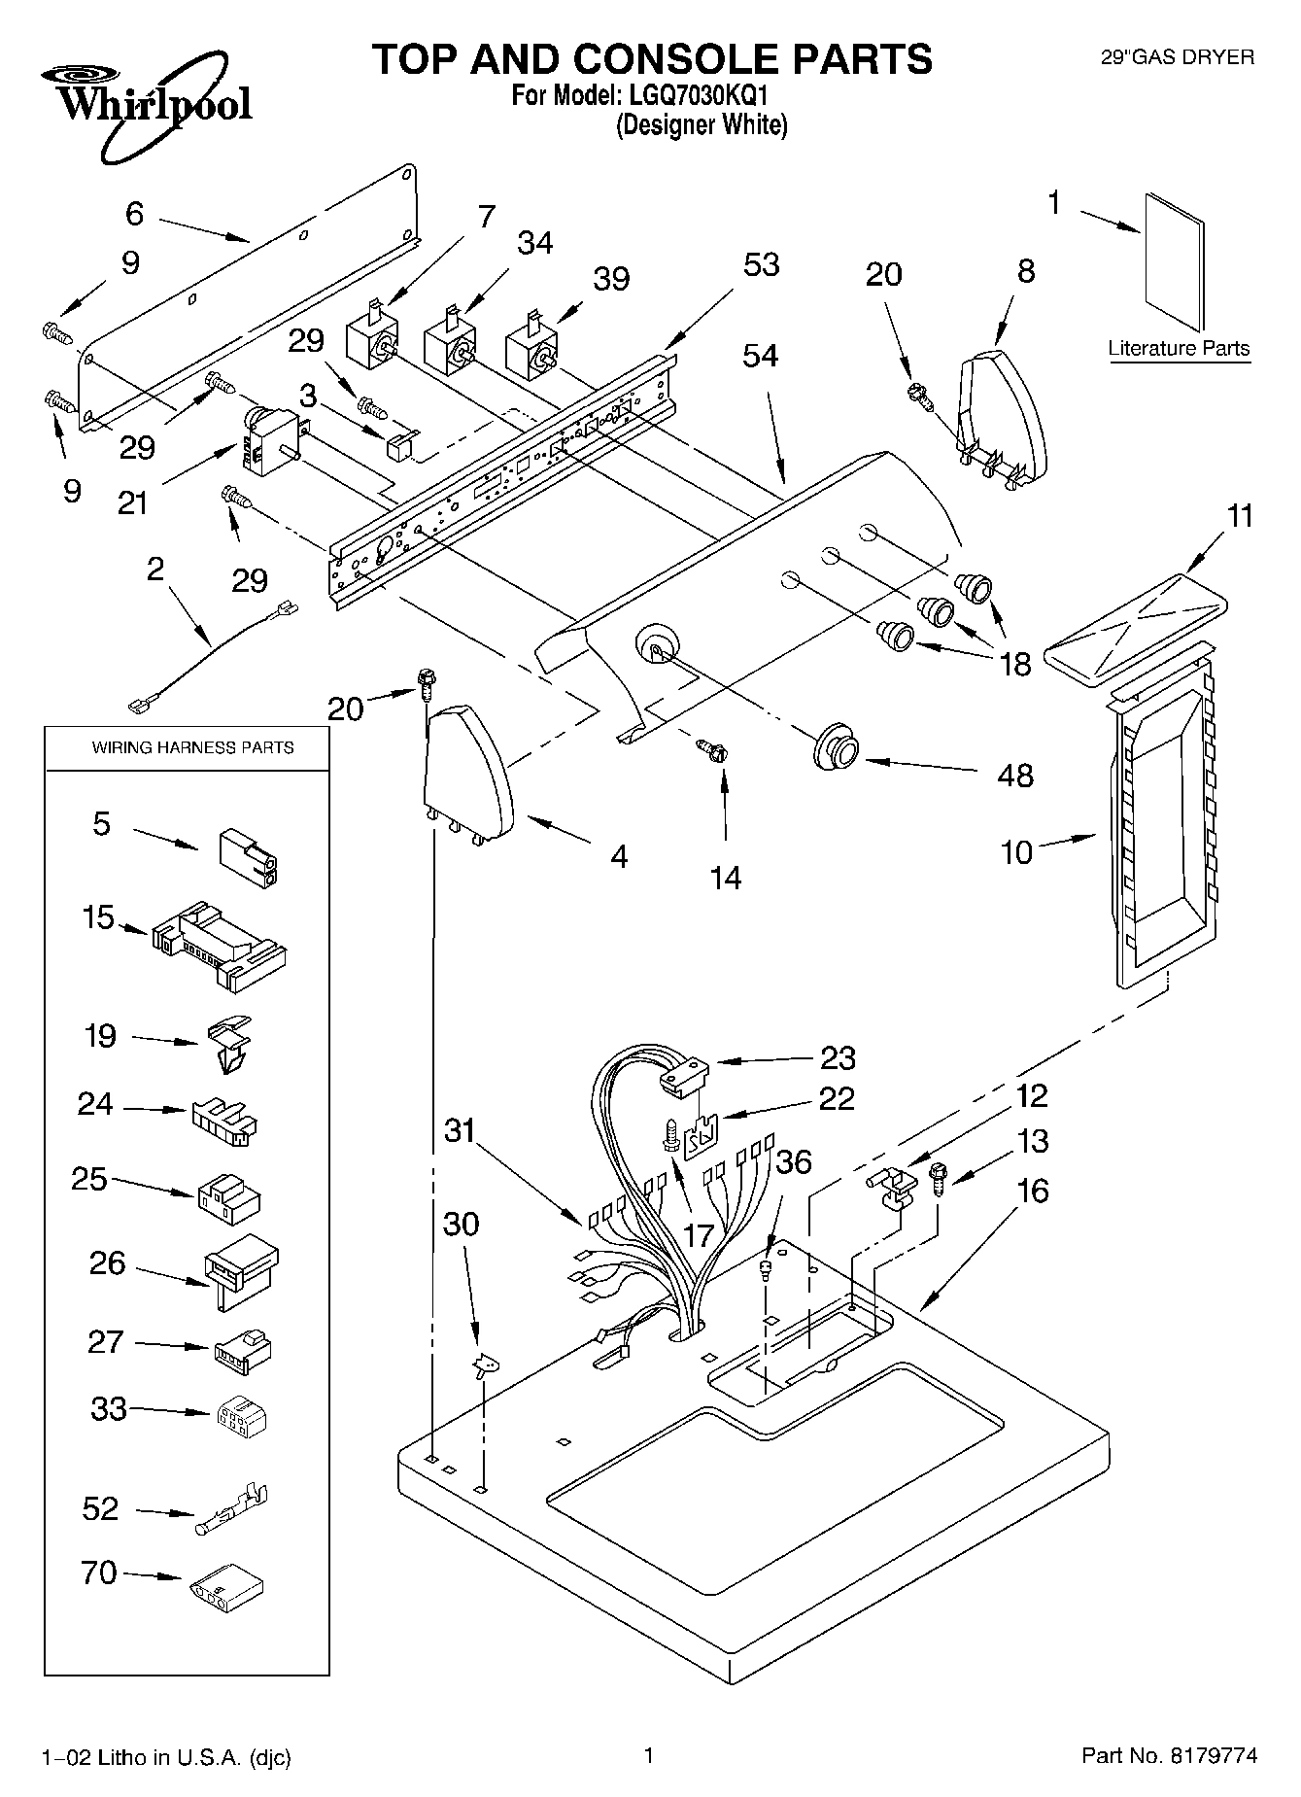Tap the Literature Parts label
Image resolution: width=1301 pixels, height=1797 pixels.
1179,349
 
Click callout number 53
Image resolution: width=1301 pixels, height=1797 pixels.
761,264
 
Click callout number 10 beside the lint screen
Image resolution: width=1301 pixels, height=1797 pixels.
1016,853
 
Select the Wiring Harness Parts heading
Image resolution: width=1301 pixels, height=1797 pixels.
192,747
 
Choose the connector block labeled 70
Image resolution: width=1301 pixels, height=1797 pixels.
226,1586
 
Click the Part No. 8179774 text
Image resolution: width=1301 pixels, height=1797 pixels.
1169,1755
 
